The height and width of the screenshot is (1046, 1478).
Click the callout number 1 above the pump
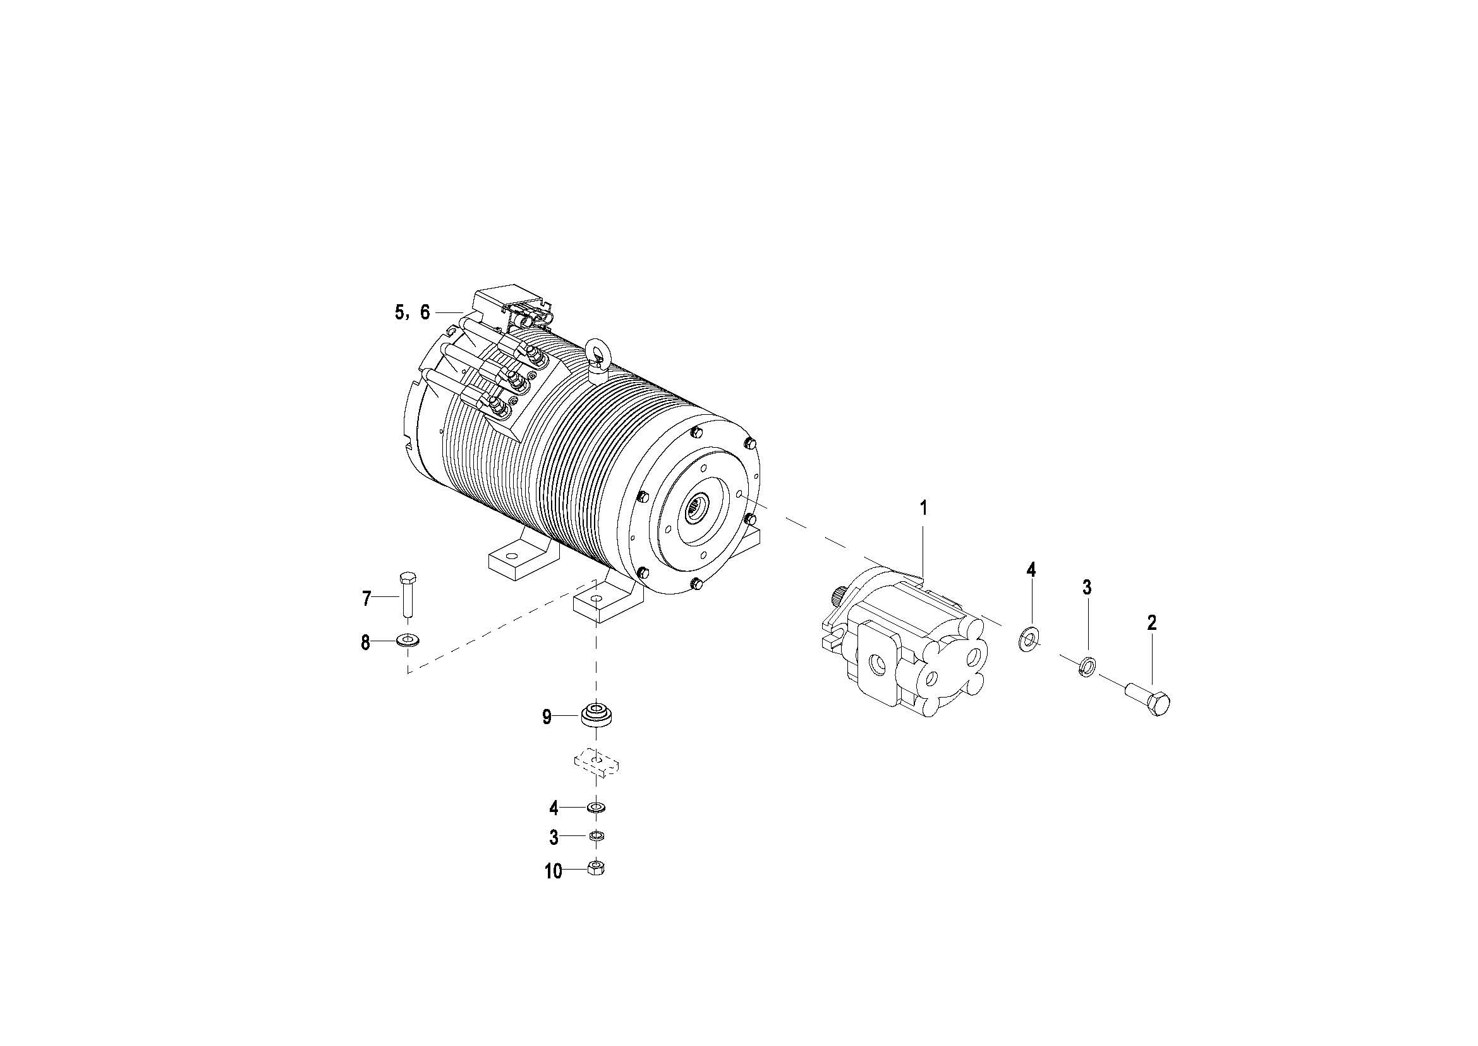[x=924, y=508]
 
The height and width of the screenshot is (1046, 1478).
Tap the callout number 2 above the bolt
[x=1152, y=622]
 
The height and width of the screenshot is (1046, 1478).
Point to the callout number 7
[x=366, y=599]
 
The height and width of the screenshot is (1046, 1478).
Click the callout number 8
[x=365, y=642]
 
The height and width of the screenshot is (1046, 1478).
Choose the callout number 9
[x=547, y=717]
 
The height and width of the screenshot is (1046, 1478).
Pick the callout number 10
[x=553, y=871]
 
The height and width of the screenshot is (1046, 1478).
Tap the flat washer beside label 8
[x=407, y=640]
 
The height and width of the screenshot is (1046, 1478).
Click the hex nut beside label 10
[x=597, y=869]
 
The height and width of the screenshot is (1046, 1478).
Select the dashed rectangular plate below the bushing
[x=597, y=763]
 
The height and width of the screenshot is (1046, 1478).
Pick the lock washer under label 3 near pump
[x=1086, y=666]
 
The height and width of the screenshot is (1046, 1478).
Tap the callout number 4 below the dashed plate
[x=554, y=807]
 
